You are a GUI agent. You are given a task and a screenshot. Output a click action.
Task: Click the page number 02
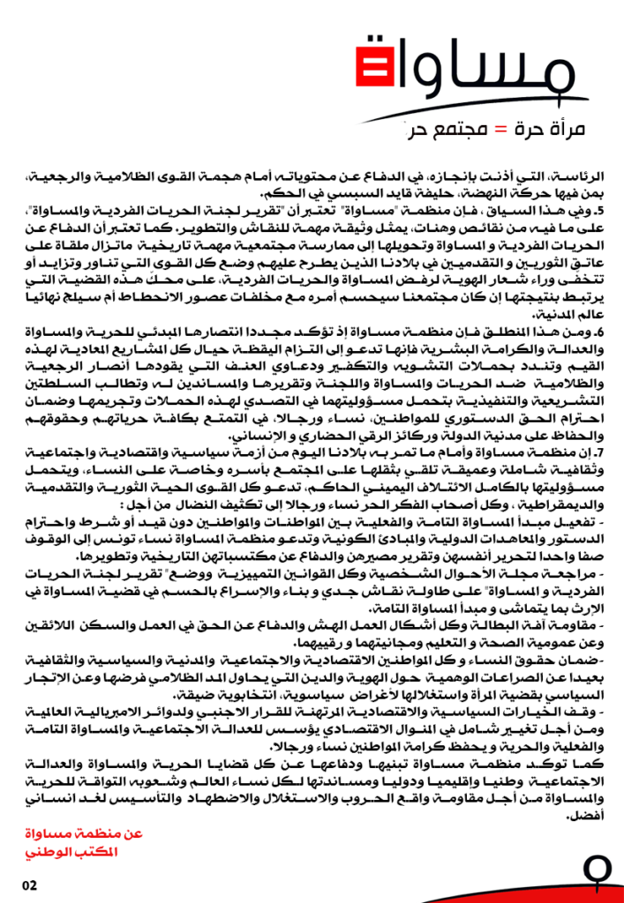[x=30, y=884]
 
